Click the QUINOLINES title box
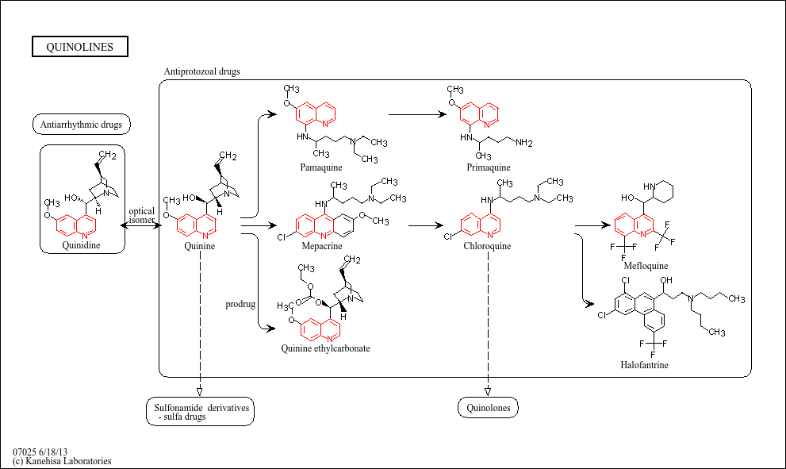pos(79,47)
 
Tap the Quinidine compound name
pos(83,245)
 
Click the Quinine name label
pos(199,246)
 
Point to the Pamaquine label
pos(323,167)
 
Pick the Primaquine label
pos(489,167)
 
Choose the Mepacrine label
pos(323,246)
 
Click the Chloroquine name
pos(487,246)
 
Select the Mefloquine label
pos(646,266)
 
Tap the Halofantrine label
pos(644,365)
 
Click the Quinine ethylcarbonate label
pos(325,348)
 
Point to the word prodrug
pos(240,304)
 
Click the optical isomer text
pos(142,216)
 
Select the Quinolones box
pos(488,409)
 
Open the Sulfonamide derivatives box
pos(201,411)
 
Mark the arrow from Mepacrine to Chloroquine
pos(425,225)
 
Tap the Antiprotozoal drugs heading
pos(201,71)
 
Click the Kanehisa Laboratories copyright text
pos(62,461)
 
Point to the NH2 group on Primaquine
pos(523,143)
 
